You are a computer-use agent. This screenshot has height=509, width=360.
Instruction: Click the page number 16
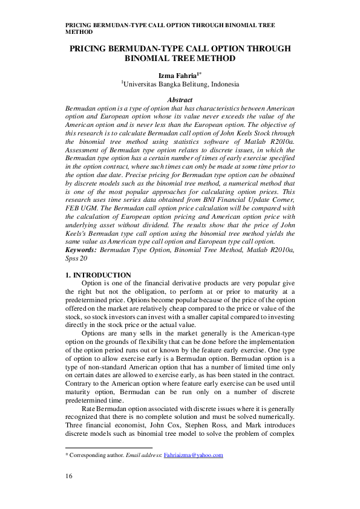(69, 478)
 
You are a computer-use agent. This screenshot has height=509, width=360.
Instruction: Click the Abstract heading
(179, 100)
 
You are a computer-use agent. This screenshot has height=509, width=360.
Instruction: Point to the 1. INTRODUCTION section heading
(97, 275)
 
